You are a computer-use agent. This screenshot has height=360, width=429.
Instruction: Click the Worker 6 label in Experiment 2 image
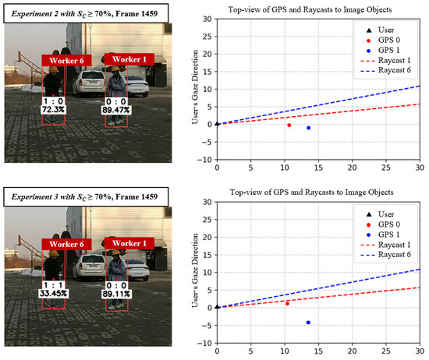pos(63,60)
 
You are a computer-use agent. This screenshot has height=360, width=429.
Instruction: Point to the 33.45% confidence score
pos(53,293)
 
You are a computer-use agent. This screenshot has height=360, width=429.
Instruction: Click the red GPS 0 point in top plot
pos(289,125)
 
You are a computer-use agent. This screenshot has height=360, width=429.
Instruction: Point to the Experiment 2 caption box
pos(84,9)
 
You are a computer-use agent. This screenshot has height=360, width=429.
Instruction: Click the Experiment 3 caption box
pos(84,192)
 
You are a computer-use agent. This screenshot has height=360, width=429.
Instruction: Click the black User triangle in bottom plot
pos(217,307)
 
